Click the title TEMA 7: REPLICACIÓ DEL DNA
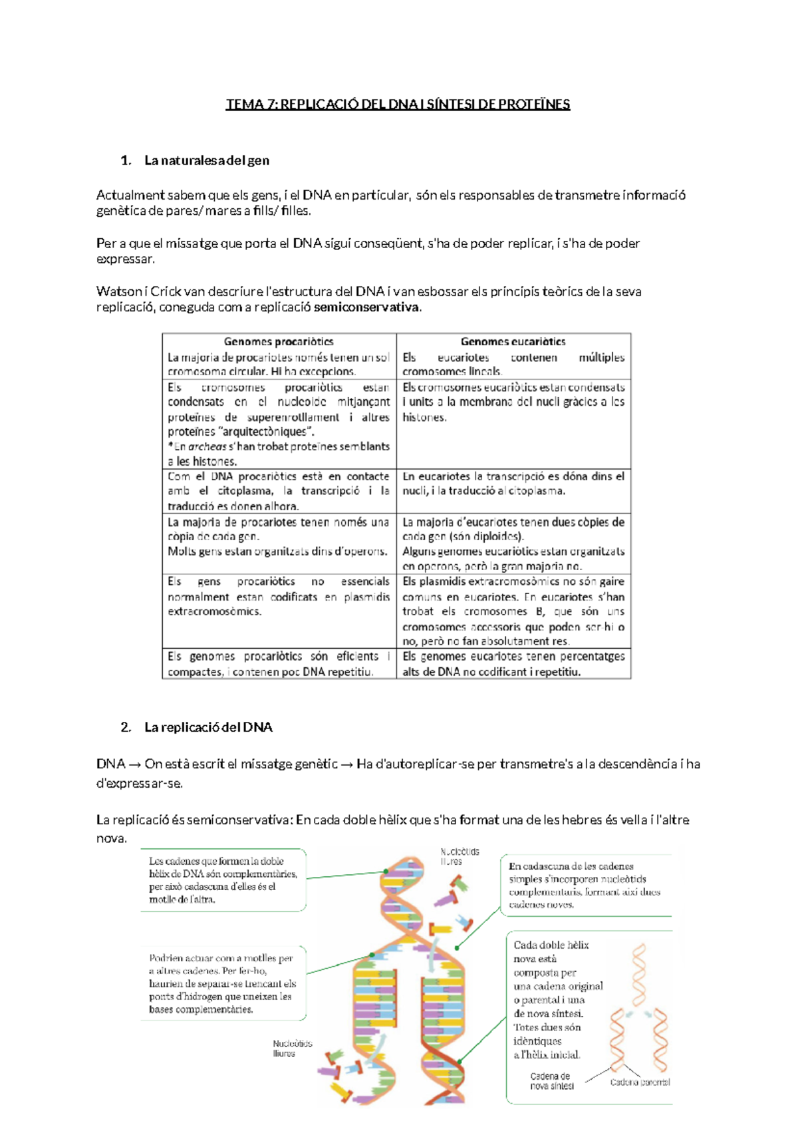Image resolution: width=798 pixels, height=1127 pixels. coord(398,104)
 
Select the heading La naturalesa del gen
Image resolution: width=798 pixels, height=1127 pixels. coord(206,160)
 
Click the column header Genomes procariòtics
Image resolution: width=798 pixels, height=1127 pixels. coord(279,342)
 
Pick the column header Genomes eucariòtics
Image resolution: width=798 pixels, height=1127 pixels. coord(513,342)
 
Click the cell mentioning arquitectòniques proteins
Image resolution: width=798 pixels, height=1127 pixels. coord(279,424)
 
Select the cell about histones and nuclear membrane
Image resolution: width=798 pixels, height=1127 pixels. coord(513,402)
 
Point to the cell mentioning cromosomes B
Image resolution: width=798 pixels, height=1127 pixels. coord(513,611)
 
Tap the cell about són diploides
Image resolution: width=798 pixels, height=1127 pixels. coord(513,544)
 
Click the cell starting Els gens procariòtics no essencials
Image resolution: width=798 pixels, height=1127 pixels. coord(279,597)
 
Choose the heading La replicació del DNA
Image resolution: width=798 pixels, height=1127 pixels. coord(208,727)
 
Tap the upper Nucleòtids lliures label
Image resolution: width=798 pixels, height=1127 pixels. coord(459,856)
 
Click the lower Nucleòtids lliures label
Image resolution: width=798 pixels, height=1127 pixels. coord(292,1048)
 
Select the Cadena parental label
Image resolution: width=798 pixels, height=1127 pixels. coord(640,1082)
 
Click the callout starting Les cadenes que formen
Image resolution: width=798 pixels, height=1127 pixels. coord(223,880)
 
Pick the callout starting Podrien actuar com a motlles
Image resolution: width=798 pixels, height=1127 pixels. coord(222,983)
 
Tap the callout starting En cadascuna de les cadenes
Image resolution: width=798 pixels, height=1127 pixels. coord(584,885)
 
